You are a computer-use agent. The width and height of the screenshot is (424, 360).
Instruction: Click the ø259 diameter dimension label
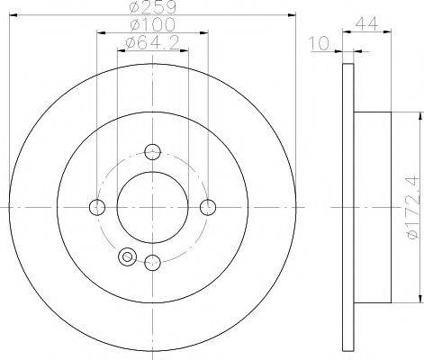click(152, 7)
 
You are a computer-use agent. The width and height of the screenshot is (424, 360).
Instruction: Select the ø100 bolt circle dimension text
click(152, 24)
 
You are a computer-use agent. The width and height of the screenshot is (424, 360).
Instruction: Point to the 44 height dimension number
click(366, 23)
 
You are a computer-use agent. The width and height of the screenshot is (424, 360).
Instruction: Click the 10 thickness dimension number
click(319, 43)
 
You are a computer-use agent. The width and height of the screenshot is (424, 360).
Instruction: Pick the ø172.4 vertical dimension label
click(411, 207)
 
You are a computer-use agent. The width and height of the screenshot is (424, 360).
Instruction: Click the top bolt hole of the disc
click(152, 152)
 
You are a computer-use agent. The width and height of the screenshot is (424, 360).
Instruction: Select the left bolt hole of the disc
click(97, 207)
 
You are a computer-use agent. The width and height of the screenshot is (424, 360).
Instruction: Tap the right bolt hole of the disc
click(208, 207)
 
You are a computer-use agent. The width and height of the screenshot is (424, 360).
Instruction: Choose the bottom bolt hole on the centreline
click(152, 263)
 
